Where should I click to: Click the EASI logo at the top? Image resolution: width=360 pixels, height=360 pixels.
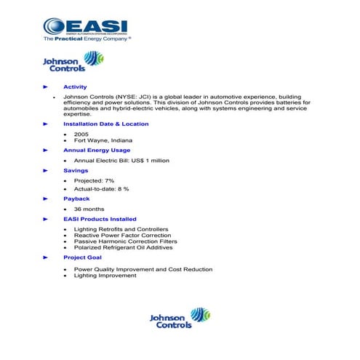point(86,27)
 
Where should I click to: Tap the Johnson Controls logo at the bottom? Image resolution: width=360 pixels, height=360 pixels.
point(180,319)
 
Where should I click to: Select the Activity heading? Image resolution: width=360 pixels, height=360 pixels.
point(75,87)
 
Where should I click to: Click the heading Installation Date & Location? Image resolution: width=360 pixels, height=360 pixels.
point(105,124)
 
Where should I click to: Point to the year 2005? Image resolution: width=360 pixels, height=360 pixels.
point(81,134)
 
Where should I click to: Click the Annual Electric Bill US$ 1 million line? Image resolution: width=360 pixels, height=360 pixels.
point(121,160)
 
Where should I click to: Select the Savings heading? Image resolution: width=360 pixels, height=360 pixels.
point(76,170)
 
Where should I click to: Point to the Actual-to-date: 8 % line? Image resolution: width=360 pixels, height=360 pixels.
point(101,188)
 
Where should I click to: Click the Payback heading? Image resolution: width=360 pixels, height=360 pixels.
point(76,199)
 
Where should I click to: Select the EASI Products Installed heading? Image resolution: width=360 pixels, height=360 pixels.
point(100,219)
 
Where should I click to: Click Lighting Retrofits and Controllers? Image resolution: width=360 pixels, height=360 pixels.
point(120,229)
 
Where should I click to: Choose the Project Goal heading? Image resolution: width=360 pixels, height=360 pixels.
point(82,257)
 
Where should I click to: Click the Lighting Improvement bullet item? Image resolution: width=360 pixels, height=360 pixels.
point(105,276)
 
